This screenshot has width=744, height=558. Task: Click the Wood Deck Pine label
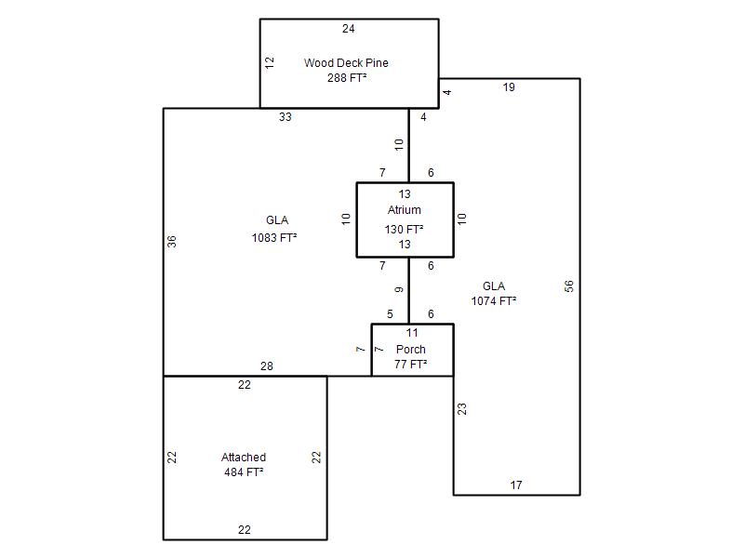pyautogui.click(x=346, y=63)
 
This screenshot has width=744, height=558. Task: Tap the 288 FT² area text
pyautogui.click(x=346, y=78)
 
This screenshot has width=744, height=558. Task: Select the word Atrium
pyautogui.click(x=405, y=210)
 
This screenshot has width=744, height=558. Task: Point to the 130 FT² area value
pyautogui.click(x=405, y=229)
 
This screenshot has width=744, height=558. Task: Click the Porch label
pyautogui.click(x=411, y=350)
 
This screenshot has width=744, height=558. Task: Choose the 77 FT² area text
pyautogui.click(x=411, y=365)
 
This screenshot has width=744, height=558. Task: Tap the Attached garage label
pyautogui.click(x=244, y=458)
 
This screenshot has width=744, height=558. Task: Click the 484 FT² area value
pyautogui.click(x=244, y=472)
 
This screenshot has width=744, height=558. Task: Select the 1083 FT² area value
pyautogui.click(x=274, y=238)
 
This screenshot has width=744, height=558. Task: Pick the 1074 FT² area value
pyautogui.click(x=494, y=301)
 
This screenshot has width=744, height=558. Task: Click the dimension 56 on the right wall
pyautogui.click(x=569, y=286)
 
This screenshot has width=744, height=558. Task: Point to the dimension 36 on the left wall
pyautogui.click(x=172, y=241)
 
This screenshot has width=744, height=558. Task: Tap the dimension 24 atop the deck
pyautogui.click(x=349, y=29)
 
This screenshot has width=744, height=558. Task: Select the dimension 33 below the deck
pyautogui.click(x=286, y=117)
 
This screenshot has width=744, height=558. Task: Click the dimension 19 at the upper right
pyautogui.click(x=509, y=87)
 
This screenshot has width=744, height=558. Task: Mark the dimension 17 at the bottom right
pyautogui.click(x=516, y=485)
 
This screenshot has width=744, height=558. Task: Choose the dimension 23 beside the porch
pyautogui.click(x=462, y=407)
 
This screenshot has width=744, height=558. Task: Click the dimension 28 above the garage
pyautogui.click(x=267, y=366)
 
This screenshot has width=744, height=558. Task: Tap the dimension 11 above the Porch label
pyautogui.click(x=412, y=333)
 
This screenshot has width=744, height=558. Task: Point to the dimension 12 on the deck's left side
pyautogui.click(x=270, y=62)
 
